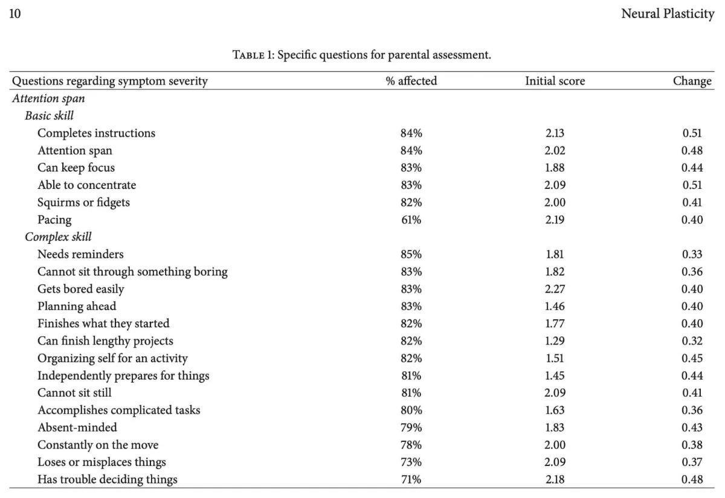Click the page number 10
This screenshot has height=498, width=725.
pyautogui.click(x=15, y=13)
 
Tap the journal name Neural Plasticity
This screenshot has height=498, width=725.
pyautogui.click(x=668, y=14)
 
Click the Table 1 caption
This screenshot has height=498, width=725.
pyautogui.click(x=362, y=55)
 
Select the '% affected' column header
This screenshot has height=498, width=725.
pyautogui.click(x=411, y=81)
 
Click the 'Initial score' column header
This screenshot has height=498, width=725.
pyautogui.click(x=555, y=81)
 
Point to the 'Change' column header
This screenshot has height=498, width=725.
pyautogui.click(x=692, y=81)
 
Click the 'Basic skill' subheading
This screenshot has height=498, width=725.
pyautogui.click(x=49, y=115)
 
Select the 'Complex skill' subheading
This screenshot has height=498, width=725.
pyautogui.click(x=58, y=237)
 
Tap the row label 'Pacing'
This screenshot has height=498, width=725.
pyautogui.click(x=54, y=220)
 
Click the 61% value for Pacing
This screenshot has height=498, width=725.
pyautogui.click(x=411, y=220)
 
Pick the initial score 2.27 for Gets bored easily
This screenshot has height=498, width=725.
pyautogui.click(x=555, y=289)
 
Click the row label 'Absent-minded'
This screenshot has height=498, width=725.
pyautogui.click(x=77, y=427)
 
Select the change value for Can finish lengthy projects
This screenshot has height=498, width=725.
pyautogui.click(x=692, y=341)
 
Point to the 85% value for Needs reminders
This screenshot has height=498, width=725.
pyautogui.click(x=411, y=254)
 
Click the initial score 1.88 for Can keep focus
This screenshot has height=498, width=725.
pyautogui.click(x=555, y=168)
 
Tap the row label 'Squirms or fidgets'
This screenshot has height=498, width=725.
pyautogui.click(x=83, y=202)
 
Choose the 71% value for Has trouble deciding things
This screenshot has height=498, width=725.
pyautogui.click(x=411, y=479)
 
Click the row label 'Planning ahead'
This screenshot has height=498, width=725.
pyautogui.click(x=77, y=306)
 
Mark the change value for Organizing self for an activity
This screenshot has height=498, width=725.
pyautogui.click(x=692, y=359)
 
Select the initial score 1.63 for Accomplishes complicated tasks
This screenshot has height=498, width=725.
pyautogui.click(x=555, y=410)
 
